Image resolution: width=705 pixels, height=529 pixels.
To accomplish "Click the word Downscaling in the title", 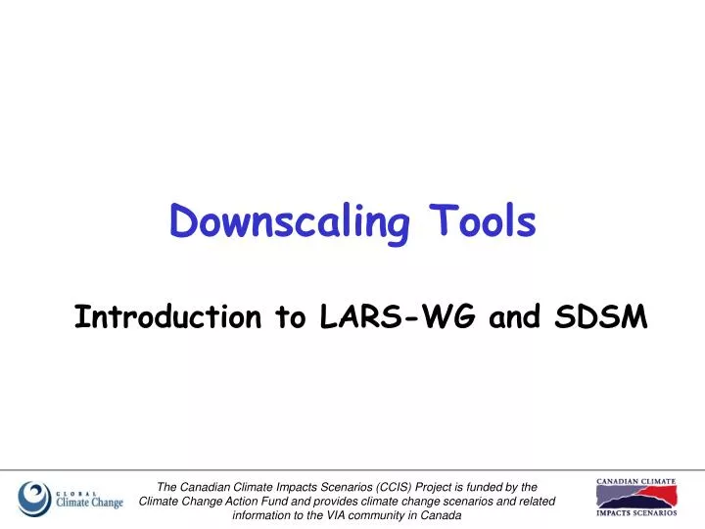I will click(x=290, y=222).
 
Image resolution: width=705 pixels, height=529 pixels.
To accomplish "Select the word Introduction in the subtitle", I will click(x=167, y=317).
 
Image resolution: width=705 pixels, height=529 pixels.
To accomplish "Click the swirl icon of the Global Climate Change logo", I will click(x=35, y=499).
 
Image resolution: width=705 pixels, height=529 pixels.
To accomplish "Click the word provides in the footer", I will click(x=360, y=502).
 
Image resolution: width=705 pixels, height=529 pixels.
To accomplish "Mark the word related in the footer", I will click(x=535, y=502).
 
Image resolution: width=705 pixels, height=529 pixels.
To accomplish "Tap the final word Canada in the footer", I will click(x=442, y=516).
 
